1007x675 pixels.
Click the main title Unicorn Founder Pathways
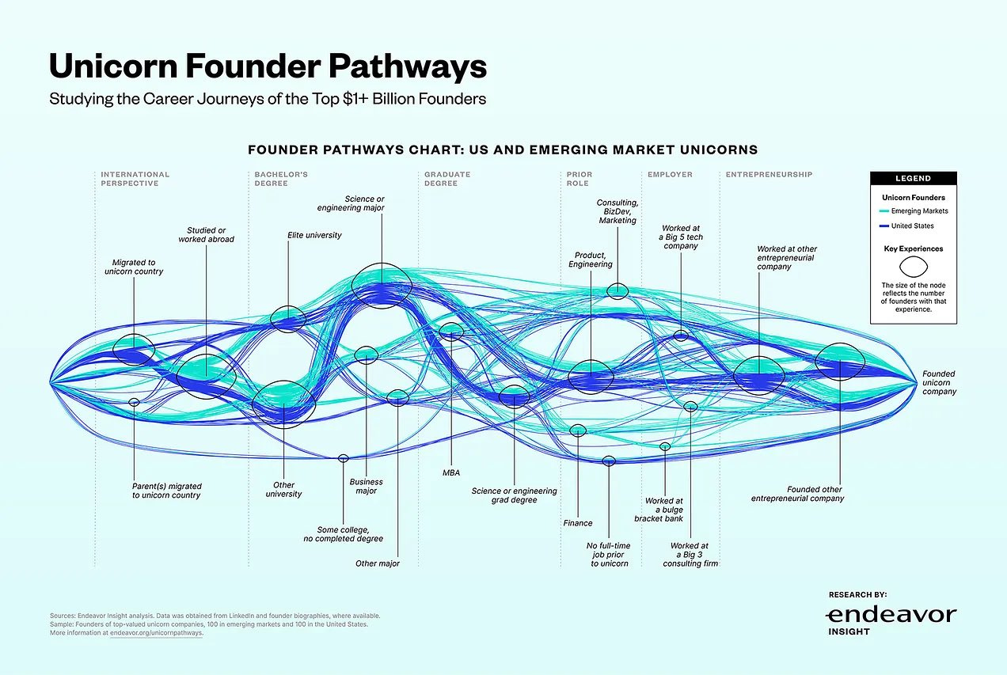(x=268, y=66)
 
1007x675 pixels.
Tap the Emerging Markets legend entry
(x=914, y=210)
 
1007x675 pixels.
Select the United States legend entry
(x=906, y=226)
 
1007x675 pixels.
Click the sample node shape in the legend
(x=914, y=267)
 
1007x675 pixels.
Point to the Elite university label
(x=314, y=235)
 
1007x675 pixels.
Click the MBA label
(x=451, y=472)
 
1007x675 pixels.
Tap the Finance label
(x=578, y=523)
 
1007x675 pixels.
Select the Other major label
(x=377, y=563)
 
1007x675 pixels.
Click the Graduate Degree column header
(x=447, y=179)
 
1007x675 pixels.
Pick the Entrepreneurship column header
(x=769, y=174)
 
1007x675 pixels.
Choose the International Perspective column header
(x=135, y=179)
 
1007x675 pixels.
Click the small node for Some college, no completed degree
(x=343, y=458)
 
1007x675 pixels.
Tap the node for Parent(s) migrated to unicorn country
(x=134, y=402)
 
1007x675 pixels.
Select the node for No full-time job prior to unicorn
(x=608, y=461)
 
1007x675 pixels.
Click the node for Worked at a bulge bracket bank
(x=665, y=446)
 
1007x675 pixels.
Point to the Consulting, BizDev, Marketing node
(x=617, y=290)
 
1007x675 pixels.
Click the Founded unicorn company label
(x=939, y=382)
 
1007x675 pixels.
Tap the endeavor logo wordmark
(x=891, y=615)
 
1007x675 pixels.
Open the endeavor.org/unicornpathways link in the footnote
(x=156, y=633)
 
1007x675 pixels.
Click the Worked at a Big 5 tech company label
(x=681, y=237)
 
